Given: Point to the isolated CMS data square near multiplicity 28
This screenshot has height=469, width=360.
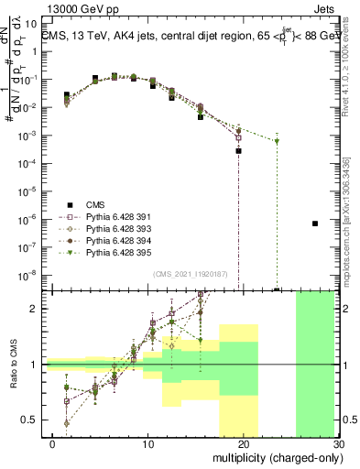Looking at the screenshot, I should pos(314,224).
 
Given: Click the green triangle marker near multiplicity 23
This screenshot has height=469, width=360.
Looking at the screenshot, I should pos(277,141).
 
